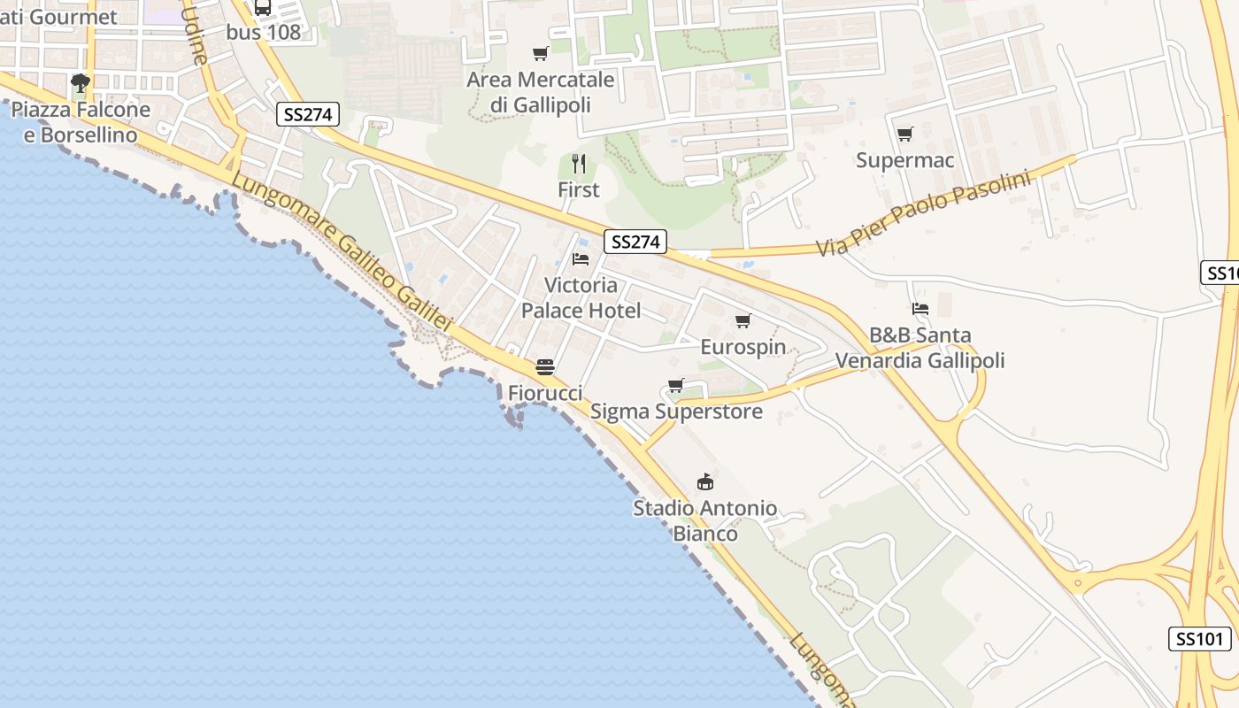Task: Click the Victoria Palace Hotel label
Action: coord(581,297)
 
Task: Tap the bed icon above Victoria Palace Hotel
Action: coord(581,258)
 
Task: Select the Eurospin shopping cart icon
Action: coord(743,320)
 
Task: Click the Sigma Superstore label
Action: coord(676,412)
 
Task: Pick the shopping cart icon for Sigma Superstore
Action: coord(676,386)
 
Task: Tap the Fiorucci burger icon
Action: coord(545,367)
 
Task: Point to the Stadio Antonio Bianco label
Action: coord(705,520)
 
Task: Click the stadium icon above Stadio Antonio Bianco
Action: coord(705,482)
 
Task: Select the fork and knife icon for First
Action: coord(579,164)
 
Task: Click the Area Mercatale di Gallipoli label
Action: coord(541,92)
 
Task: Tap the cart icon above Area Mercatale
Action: coord(541,54)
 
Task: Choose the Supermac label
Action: coord(905,160)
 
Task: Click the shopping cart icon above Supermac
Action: coord(904,135)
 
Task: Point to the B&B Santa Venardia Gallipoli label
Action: coord(920,348)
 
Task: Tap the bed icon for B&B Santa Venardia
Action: coord(920,309)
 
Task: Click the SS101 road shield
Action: coord(1200,639)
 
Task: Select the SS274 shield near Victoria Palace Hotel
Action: coord(636,242)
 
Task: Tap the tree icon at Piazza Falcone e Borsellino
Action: coord(81,83)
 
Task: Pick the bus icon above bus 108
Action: coord(263,8)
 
